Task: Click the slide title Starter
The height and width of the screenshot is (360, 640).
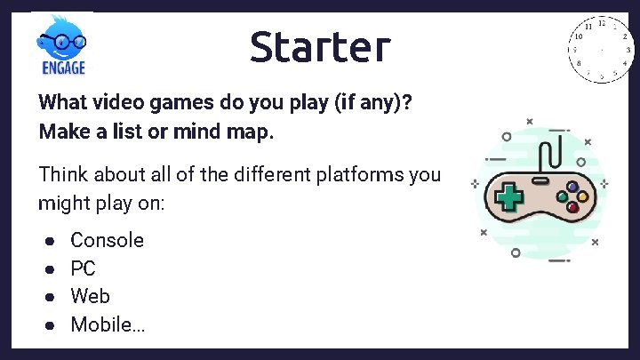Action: [x=319, y=46]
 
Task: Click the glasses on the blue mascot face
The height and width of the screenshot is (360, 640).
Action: [x=62, y=41]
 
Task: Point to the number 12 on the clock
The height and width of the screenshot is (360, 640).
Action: [x=602, y=23]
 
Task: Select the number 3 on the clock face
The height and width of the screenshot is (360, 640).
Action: [x=628, y=51]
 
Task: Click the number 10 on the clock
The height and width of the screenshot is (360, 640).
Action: [x=578, y=37]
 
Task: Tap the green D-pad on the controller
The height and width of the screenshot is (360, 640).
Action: [x=509, y=196]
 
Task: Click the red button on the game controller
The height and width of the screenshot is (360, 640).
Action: [x=573, y=207]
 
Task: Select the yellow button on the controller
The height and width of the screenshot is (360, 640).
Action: [x=583, y=196]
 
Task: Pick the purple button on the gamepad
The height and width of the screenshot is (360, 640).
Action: [x=573, y=187]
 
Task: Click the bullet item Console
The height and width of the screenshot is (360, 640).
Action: [x=107, y=240]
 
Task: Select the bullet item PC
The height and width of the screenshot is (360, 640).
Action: [x=83, y=268]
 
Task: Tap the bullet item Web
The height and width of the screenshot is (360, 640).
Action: [x=90, y=296]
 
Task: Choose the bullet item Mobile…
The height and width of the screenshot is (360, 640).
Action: [x=108, y=324]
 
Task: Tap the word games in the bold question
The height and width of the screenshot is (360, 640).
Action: [x=174, y=101]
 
